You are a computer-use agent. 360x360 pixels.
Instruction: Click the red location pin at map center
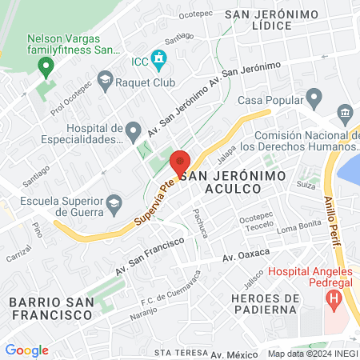point(180,163)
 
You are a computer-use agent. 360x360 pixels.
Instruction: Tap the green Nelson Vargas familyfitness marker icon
point(46,65)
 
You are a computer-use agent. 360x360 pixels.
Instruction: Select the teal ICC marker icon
point(160,58)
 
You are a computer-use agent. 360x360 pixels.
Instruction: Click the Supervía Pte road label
point(155,199)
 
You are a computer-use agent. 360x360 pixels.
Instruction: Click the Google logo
point(26,350)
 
